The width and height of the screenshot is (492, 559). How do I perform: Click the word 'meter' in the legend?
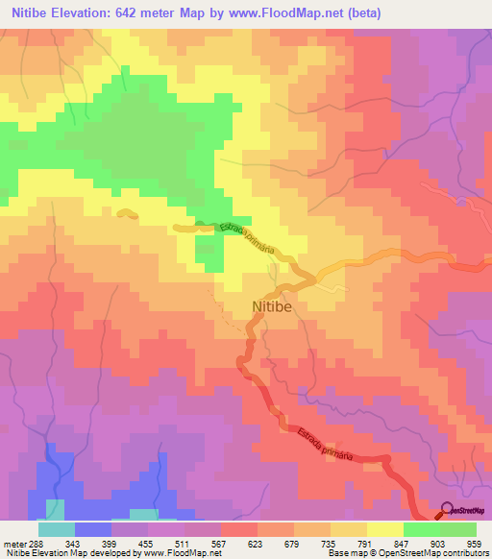13,543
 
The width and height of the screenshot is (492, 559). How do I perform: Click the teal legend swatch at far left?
57,529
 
